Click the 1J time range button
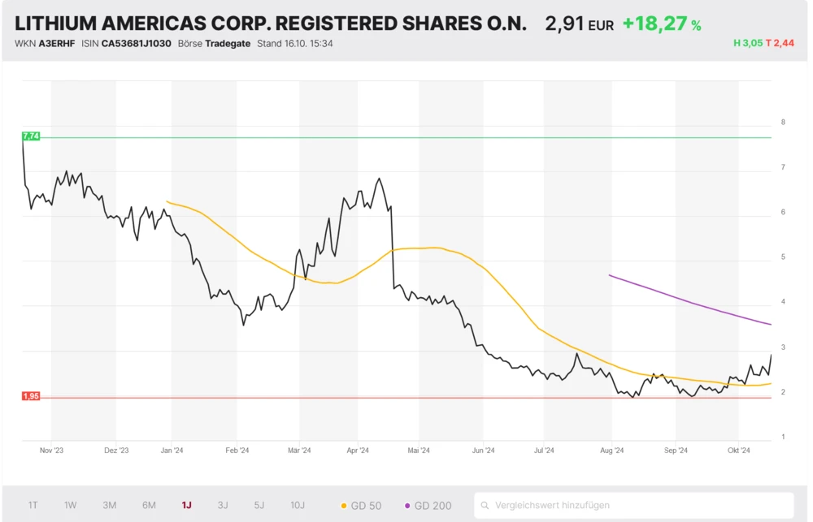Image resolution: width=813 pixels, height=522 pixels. tap(187, 505)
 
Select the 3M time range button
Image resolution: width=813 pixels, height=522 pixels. tap(110, 505)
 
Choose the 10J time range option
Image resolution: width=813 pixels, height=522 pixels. tap(298, 505)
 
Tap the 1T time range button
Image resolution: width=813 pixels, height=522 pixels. tap(33, 505)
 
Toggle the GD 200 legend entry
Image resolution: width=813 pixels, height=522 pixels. tap(428, 506)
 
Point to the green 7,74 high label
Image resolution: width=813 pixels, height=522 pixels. tap(31, 136)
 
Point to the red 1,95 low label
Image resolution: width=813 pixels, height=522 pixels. tap(31, 396)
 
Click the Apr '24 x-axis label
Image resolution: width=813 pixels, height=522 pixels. tap(358, 450)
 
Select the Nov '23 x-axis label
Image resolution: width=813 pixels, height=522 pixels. tap(51, 450)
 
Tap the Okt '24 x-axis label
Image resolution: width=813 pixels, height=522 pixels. tap(738, 450)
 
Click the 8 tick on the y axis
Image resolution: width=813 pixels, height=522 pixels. tap(783, 123)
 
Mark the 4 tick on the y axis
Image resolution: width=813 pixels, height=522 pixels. tap(783, 302)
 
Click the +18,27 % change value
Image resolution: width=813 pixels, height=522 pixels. tap(661, 24)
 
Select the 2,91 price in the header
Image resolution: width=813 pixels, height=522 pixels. tap(565, 24)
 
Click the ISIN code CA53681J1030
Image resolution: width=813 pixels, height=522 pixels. tap(136, 43)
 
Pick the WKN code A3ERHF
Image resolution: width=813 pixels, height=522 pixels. tap(55, 43)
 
